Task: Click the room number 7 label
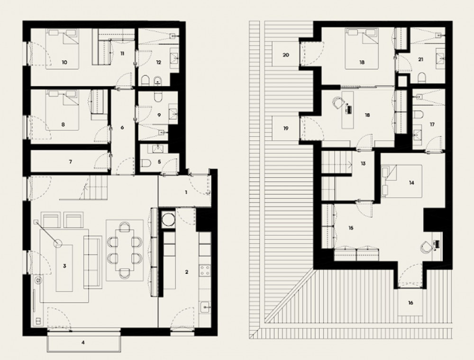71,162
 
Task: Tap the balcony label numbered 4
83,342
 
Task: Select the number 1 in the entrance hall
186,192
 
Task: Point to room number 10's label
64,63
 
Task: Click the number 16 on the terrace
410,303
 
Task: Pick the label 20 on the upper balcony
286,55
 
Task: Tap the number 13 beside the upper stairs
363,163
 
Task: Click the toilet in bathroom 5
146,163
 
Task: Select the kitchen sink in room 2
205,308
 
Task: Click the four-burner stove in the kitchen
205,270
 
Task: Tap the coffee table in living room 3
64,268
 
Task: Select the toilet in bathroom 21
423,78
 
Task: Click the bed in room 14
401,181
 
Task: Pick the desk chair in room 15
426,247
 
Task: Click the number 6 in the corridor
122,128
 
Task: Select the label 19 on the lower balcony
286,128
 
